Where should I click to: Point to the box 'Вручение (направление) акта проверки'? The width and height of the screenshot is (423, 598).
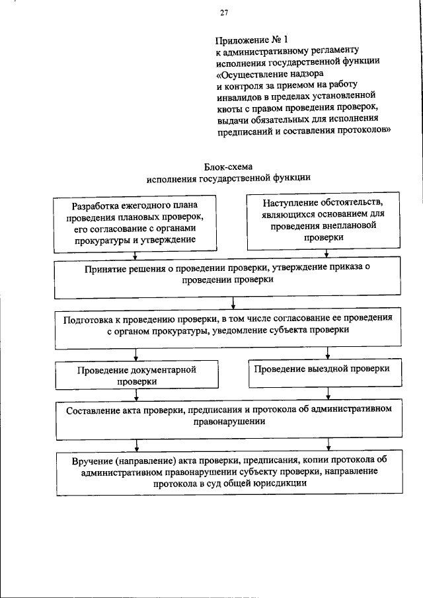tap(229, 472)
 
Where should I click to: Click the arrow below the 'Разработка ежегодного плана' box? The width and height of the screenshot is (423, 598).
tap(135, 256)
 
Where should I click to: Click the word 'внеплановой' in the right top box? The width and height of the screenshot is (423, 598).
tap(348, 227)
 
